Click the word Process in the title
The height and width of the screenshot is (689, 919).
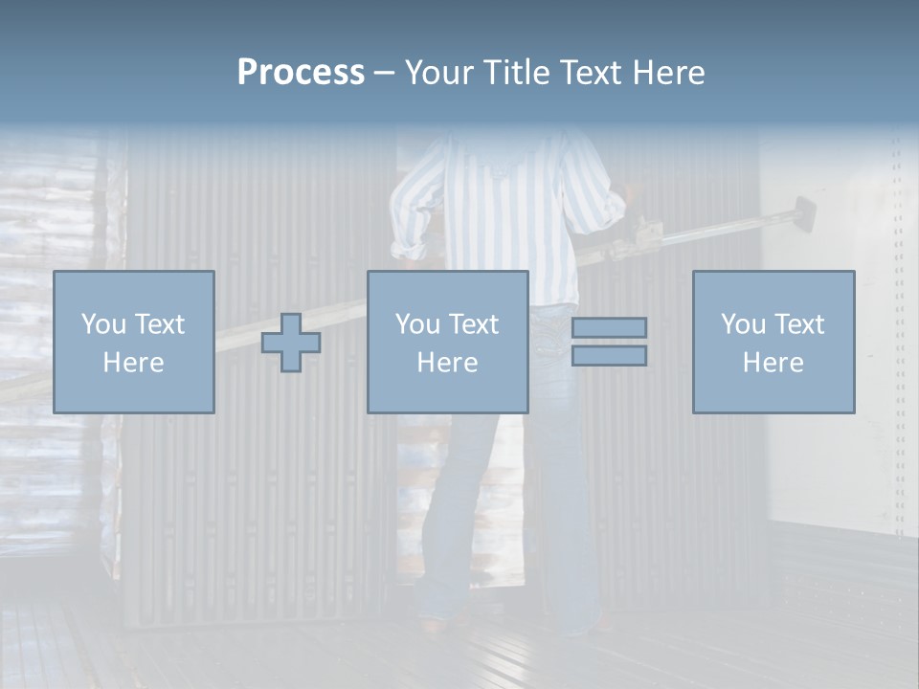tap(301, 73)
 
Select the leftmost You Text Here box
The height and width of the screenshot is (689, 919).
tap(134, 342)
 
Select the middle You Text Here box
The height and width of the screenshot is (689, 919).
tap(447, 342)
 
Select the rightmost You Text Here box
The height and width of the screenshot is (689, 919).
tap(773, 342)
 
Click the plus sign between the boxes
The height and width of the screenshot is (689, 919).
tap(291, 343)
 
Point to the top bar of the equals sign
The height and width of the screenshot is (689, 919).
tap(609, 327)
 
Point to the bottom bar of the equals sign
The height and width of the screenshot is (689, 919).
tap(609, 355)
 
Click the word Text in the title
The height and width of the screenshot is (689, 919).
tap(594, 73)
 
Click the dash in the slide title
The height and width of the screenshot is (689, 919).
tap(385, 74)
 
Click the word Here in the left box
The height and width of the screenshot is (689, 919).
tap(134, 363)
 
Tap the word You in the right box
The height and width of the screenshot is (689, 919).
tap(742, 324)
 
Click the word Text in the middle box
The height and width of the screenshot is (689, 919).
tap(473, 324)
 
